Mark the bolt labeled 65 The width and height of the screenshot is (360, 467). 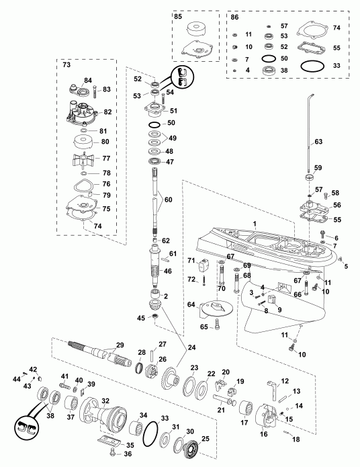point(218,327)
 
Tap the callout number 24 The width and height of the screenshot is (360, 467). point(193,347)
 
